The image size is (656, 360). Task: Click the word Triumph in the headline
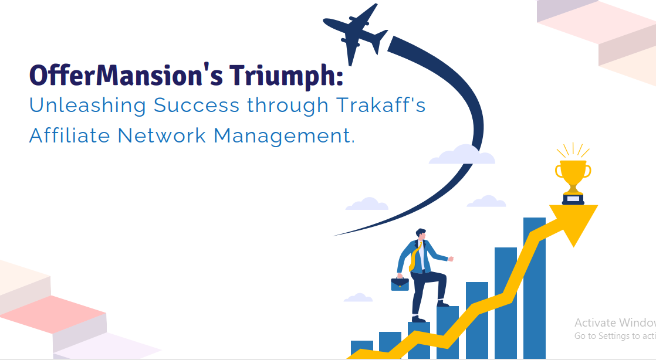(x=286, y=75)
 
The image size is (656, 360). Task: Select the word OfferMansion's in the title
(x=126, y=75)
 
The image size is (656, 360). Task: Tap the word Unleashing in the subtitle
(x=87, y=106)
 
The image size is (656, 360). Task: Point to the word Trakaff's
(x=381, y=104)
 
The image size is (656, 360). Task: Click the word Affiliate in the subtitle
(x=69, y=135)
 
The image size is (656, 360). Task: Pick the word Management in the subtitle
(x=284, y=136)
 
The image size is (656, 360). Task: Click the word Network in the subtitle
(x=162, y=135)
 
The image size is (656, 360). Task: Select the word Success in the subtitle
(x=196, y=105)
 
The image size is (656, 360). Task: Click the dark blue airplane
(x=355, y=33)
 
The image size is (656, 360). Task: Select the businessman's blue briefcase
(x=400, y=284)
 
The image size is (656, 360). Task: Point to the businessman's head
(x=421, y=235)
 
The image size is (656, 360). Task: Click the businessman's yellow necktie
(x=414, y=256)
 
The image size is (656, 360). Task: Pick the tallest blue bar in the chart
(x=535, y=288)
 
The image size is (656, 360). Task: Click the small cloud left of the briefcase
(x=358, y=297)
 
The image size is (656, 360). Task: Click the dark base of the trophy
(x=573, y=199)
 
